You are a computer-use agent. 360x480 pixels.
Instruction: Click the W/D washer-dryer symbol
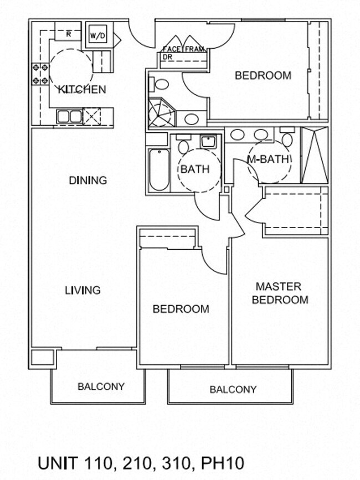pyautogui.click(x=97, y=35)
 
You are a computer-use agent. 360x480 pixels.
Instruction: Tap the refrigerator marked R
pyautogui.click(x=68, y=34)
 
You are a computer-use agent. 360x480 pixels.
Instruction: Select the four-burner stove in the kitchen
pyautogui.click(x=40, y=74)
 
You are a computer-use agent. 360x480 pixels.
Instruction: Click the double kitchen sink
pyautogui.click(x=69, y=116)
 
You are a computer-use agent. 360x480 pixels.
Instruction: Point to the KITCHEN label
pyautogui.click(x=82, y=89)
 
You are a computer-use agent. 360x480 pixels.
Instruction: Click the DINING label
pyautogui.click(x=88, y=180)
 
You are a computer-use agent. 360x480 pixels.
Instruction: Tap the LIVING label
pyautogui.click(x=83, y=290)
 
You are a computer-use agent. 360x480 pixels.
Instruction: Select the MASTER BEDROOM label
pyautogui.click(x=280, y=293)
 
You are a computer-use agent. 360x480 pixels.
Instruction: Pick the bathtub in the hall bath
pyautogui.click(x=159, y=170)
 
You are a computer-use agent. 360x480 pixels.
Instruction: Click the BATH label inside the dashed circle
pyautogui.click(x=195, y=169)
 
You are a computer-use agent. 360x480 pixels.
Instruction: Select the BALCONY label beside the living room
pyautogui.click(x=101, y=386)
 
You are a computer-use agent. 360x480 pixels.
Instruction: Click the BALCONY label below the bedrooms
pyautogui.click(x=233, y=389)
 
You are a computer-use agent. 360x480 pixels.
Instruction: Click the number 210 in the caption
pyautogui.click(x=137, y=463)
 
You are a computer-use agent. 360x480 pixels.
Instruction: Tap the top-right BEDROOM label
pyautogui.click(x=263, y=75)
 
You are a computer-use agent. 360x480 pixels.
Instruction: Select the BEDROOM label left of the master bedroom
pyautogui.click(x=181, y=309)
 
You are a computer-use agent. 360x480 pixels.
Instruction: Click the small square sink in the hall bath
pyautogui.click(x=208, y=142)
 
